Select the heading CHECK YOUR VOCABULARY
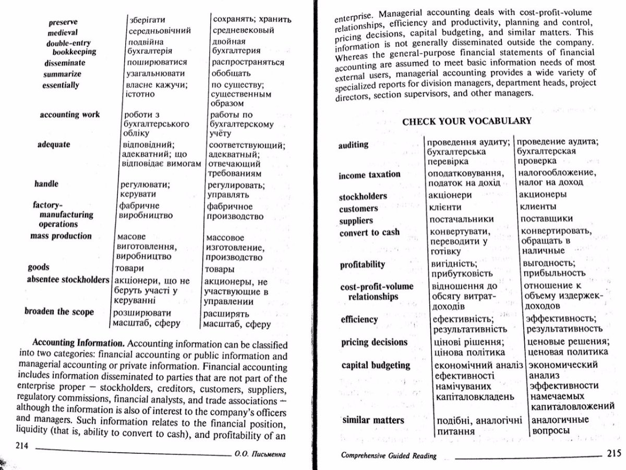(x=467, y=121)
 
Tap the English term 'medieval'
(x=63, y=33)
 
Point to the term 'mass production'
(x=61, y=236)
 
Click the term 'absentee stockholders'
(x=68, y=279)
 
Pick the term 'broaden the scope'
(x=59, y=312)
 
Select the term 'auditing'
(x=354, y=144)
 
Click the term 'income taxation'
(x=369, y=175)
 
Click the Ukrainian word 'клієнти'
(x=447, y=207)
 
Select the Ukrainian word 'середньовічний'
(x=156, y=30)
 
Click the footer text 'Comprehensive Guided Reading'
(x=388, y=455)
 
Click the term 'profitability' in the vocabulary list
(x=363, y=264)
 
